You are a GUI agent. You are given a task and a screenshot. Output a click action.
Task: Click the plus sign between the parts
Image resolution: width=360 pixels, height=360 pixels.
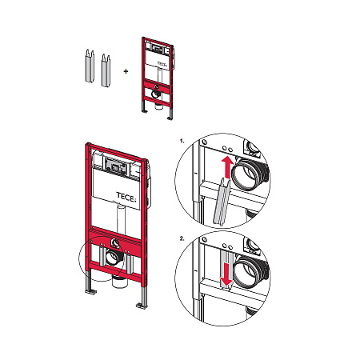(126, 71)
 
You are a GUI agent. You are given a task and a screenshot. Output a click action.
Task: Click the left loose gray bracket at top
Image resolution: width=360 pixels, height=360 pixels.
(90, 66)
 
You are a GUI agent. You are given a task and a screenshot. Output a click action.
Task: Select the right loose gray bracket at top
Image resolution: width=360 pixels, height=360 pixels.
(106, 70)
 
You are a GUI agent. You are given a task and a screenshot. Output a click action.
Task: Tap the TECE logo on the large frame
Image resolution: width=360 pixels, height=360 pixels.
(126, 197)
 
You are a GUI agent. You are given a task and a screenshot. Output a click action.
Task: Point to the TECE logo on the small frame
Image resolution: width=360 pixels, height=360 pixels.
(162, 64)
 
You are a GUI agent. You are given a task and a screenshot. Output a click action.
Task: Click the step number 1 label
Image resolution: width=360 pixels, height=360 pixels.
(182, 141)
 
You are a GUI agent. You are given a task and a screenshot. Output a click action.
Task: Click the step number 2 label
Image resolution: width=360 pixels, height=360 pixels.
(182, 238)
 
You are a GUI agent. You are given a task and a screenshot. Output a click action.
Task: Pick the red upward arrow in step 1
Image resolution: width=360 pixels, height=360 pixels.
(227, 167)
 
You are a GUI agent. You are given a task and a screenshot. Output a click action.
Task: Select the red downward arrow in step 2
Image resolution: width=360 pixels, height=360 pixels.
(226, 274)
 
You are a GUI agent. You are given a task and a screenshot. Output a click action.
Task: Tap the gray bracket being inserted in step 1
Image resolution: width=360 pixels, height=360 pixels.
(221, 202)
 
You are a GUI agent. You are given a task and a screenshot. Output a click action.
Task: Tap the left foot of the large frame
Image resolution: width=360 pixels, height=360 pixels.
(90, 291)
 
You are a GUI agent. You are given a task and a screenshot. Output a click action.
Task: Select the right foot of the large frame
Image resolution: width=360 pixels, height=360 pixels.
(142, 306)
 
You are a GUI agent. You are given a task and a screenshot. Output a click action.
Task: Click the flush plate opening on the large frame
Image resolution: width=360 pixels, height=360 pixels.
(116, 164)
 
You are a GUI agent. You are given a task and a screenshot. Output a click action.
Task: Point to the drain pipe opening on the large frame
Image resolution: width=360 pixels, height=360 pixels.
(114, 258)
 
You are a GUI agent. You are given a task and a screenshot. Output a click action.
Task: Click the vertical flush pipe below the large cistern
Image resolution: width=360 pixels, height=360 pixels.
(121, 218)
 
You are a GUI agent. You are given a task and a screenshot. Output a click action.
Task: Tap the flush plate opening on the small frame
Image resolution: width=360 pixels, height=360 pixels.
(157, 49)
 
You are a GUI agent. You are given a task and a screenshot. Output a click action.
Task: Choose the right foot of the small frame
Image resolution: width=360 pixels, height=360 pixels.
(170, 118)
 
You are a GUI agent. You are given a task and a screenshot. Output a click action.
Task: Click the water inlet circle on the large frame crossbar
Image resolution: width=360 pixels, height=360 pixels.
(115, 242)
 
